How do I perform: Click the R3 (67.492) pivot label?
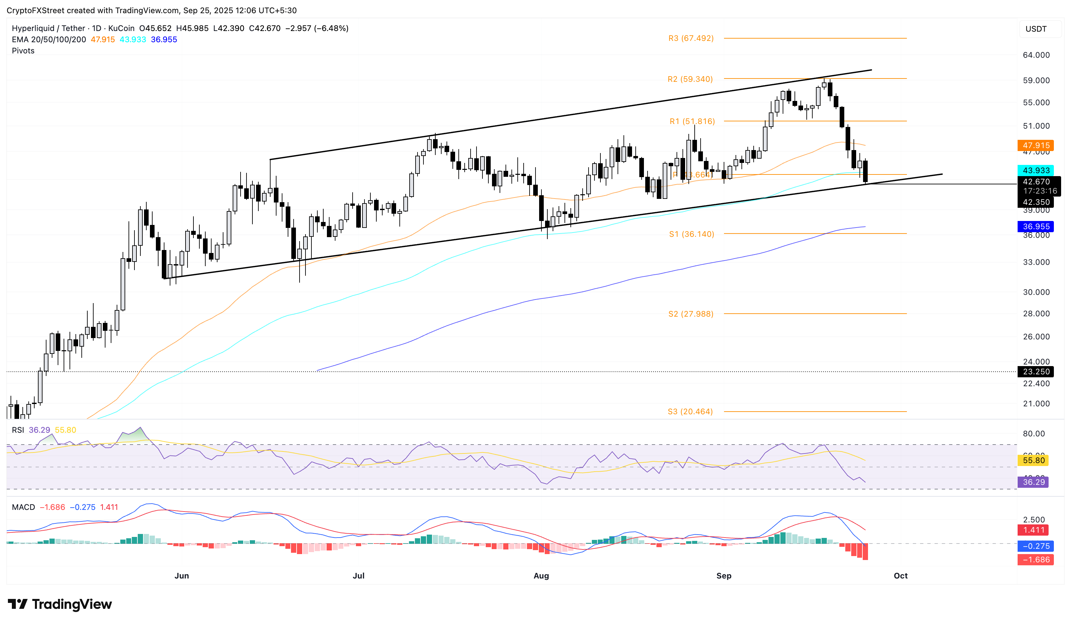(691, 38)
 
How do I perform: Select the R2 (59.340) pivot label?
(690, 79)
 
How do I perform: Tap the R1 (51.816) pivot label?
(692, 121)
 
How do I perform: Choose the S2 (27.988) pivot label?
(691, 314)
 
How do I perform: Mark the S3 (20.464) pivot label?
(690, 411)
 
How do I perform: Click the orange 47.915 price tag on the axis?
(1035, 145)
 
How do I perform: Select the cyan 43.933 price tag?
(1035, 170)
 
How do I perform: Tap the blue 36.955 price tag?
(1035, 226)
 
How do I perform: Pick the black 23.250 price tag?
(1035, 371)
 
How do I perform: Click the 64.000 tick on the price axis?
(1036, 55)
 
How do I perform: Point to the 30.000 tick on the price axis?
(1036, 292)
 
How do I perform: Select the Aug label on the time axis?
(541, 576)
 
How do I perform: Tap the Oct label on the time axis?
(900, 576)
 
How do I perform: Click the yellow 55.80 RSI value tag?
(1033, 460)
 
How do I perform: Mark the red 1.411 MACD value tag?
(1033, 530)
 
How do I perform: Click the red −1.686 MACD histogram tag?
(1033, 559)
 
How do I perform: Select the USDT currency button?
(1035, 29)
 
